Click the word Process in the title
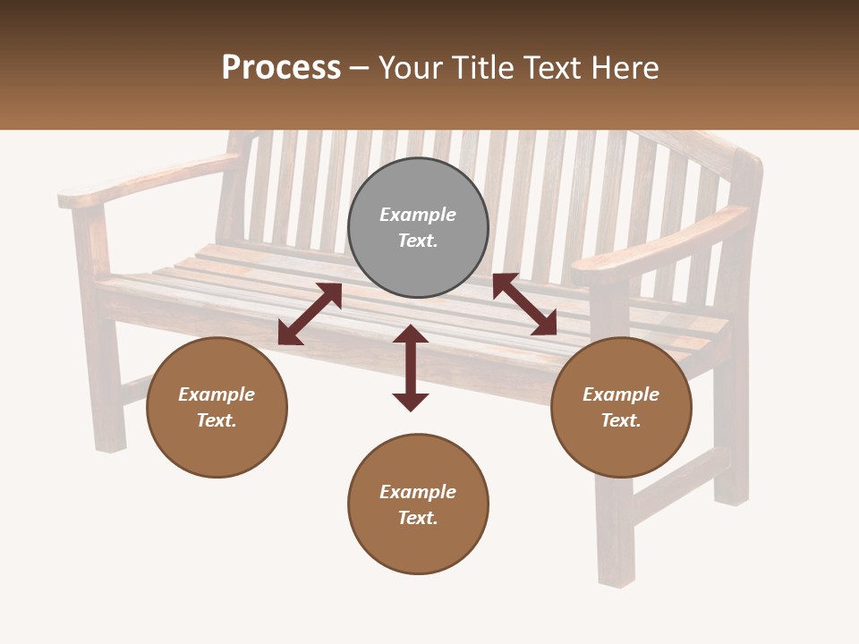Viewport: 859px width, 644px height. tap(281, 68)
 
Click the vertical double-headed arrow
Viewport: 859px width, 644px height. tap(411, 368)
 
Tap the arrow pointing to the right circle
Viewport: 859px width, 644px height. tap(524, 304)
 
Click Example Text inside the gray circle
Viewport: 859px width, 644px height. tap(418, 227)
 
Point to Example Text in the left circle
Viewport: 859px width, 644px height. tap(217, 407)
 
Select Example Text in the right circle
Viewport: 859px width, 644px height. tap(621, 407)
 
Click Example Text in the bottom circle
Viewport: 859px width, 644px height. tap(418, 504)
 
